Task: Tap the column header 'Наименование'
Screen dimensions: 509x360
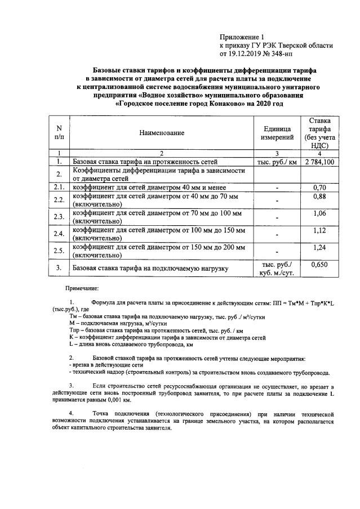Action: (x=162, y=133)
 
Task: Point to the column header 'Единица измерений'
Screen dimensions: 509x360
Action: (x=278, y=133)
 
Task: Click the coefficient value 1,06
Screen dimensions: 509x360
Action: (x=320, y=213)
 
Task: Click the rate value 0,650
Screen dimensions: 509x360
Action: (x=320, y=264)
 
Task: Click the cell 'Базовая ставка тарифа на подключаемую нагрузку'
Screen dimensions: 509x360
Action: (x=150, y=269)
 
